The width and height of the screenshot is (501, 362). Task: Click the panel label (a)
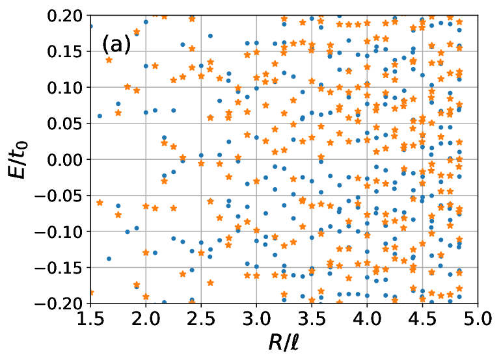[116, 45]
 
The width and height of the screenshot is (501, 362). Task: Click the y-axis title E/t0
[18, 159]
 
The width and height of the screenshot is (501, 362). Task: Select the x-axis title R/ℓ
[284, 343]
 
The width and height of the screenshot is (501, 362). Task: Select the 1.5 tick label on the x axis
[90, 318]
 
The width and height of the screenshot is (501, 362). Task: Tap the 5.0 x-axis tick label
[478, 318]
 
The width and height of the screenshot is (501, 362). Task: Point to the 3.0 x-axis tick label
[256, 318]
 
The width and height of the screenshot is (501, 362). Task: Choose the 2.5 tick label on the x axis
[201, 318]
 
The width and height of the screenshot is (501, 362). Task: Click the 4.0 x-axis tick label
[367, 318]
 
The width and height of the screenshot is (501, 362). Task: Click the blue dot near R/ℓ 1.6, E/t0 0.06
[100, 116]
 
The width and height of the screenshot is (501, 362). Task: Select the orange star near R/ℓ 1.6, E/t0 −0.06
[100, 202]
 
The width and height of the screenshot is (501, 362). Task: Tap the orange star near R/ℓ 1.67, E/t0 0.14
[109, 60]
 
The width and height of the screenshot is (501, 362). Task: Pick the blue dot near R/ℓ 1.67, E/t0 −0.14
[109, 259]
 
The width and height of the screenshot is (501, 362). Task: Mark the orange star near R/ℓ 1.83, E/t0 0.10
[128, 86]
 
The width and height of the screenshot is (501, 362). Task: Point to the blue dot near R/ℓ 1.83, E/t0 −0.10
[128, 232]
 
